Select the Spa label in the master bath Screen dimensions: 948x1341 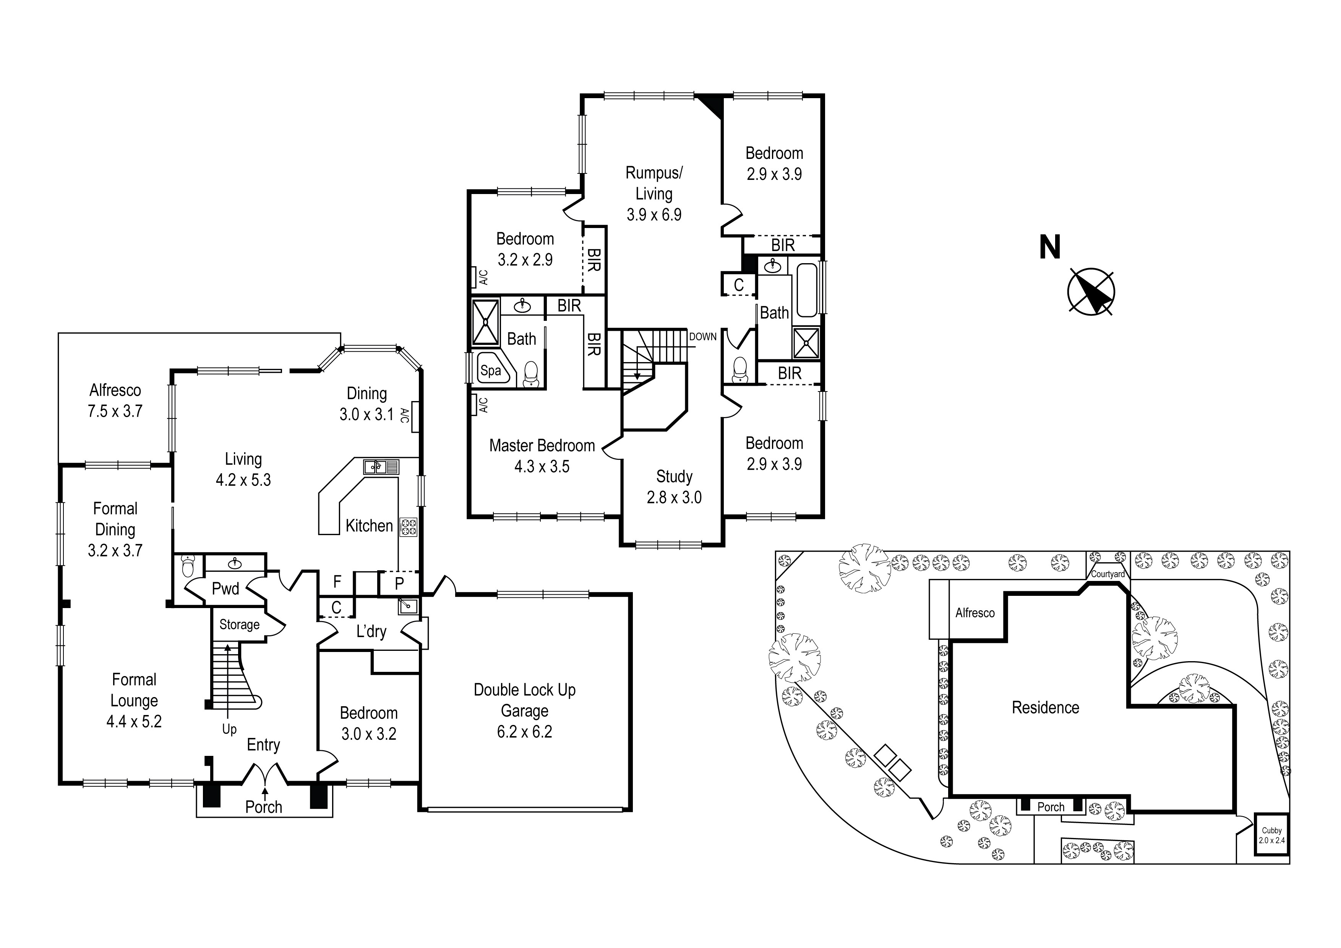pyautogui.click(x=491, y=370)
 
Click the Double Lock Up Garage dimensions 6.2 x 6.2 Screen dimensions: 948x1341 pyautogui.click(x=524, y=731)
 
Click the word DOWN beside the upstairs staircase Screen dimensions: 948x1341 pyautogui.click(x=703, y=337)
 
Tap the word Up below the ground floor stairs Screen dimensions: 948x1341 pyautogui.click(x=229, y=729)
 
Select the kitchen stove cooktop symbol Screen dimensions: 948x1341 pyautogui.click(x=408, y=527)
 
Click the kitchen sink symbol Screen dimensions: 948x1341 pyautogui.click(x=381, y=467)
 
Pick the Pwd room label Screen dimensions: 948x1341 pyautogui.click(x=225, y=589)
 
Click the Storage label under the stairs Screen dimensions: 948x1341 pyautogui.click(x=240, y=624)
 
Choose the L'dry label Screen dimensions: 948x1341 pyautogui.click(x=371, y=632)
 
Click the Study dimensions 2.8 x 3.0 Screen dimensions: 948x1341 pyautogui.click(x=674, y=497)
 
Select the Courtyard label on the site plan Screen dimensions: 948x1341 pyautogui.click(x=1108, y=574)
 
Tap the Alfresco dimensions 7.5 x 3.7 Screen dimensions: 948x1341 pyautogui.click(x=115, y=411)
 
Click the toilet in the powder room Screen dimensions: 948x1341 pyautogui.click(x=188, y=566)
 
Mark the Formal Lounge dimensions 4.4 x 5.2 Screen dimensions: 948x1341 pyautogui.click(x=134, y=722)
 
